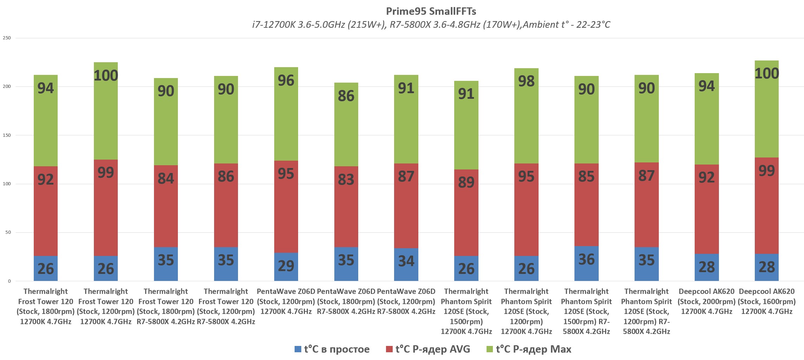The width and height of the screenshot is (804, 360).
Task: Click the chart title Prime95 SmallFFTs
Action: [x=431, y=11]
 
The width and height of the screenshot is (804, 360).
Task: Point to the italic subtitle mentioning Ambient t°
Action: [x=431, y=25]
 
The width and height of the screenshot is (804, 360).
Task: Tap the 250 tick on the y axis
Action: [x=7, y=38]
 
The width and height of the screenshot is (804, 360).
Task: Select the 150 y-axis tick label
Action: [x=7, y=135]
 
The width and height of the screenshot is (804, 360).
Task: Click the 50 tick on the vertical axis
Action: [x=8, y=232]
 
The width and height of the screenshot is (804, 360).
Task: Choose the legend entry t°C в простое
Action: [x=332, y=349]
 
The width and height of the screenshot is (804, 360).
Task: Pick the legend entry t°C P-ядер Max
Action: [x=529, y=349]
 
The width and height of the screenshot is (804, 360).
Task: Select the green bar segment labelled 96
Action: [x=286, y=114]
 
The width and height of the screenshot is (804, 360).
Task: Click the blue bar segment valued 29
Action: [x=286, y=266]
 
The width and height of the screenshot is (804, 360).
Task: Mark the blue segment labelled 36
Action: [x=586, y=263]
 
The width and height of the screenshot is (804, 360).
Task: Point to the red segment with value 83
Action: [x=346, y=207]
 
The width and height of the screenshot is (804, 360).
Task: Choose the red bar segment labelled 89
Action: [x=466, y=213]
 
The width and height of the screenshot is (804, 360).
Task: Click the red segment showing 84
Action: [x=166, y=206]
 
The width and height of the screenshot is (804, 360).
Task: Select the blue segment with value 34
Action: [x=406, y=264]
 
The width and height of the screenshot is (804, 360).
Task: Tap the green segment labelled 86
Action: [x=346, y=124]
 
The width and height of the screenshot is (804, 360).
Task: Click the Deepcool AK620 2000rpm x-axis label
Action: [x=707, y=301]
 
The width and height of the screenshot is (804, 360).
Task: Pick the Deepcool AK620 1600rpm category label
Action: [x=767, y=301]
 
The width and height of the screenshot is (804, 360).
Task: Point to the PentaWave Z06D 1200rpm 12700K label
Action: [x=286, y=301]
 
